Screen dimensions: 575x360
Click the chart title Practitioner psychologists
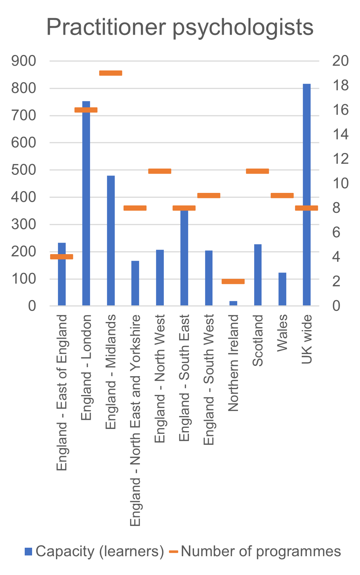(x=180, y=27)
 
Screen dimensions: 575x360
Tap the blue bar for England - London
(x=86, y=207)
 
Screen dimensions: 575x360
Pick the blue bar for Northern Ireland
(x=233, y=303)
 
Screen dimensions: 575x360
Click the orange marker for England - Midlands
(x=111, y=73)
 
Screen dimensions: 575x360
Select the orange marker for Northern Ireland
(x=233, y=281)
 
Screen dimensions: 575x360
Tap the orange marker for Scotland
(x=257, y=171)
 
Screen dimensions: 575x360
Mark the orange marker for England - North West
(x=160, y=171)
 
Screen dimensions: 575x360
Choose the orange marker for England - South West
(x=209, y=195)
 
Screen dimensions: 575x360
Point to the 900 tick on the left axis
(x=24, y=61)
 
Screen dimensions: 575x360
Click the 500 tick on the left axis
(x=24, y=170)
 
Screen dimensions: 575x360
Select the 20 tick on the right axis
(x=340, y=61)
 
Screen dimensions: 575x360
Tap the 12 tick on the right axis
(x=340, y=159)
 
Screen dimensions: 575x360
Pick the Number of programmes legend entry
(x=255, y=551)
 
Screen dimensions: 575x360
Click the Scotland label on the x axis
(x=257, y=340)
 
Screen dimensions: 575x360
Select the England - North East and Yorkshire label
(x=135, y=420)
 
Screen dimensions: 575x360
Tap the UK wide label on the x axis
(x=307, y=339)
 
